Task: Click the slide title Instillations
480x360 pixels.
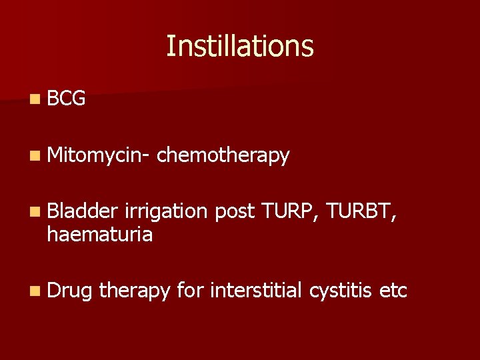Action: tap(239, 47)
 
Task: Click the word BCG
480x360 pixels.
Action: tap(67, 99)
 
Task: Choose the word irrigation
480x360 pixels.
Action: tap(170, 211)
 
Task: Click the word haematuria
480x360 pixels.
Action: tap(99, 234)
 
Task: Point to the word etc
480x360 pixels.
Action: tap(393, 291)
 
